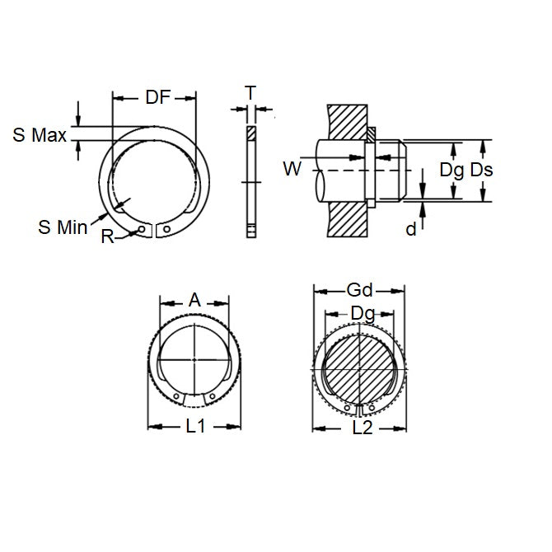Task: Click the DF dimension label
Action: click(157, 97)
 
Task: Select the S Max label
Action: click(40, 135)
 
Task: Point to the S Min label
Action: click(63, 226)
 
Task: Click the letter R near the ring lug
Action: click(107, 236)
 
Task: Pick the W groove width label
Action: click(292, 169)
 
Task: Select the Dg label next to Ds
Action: click(451, 171)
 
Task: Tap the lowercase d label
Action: click(410, 230)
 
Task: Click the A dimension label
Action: click(194, 301)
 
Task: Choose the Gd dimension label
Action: click(359, 289)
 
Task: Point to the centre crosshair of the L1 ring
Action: click(194, 360)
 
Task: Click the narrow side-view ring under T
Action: click(250, 181)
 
